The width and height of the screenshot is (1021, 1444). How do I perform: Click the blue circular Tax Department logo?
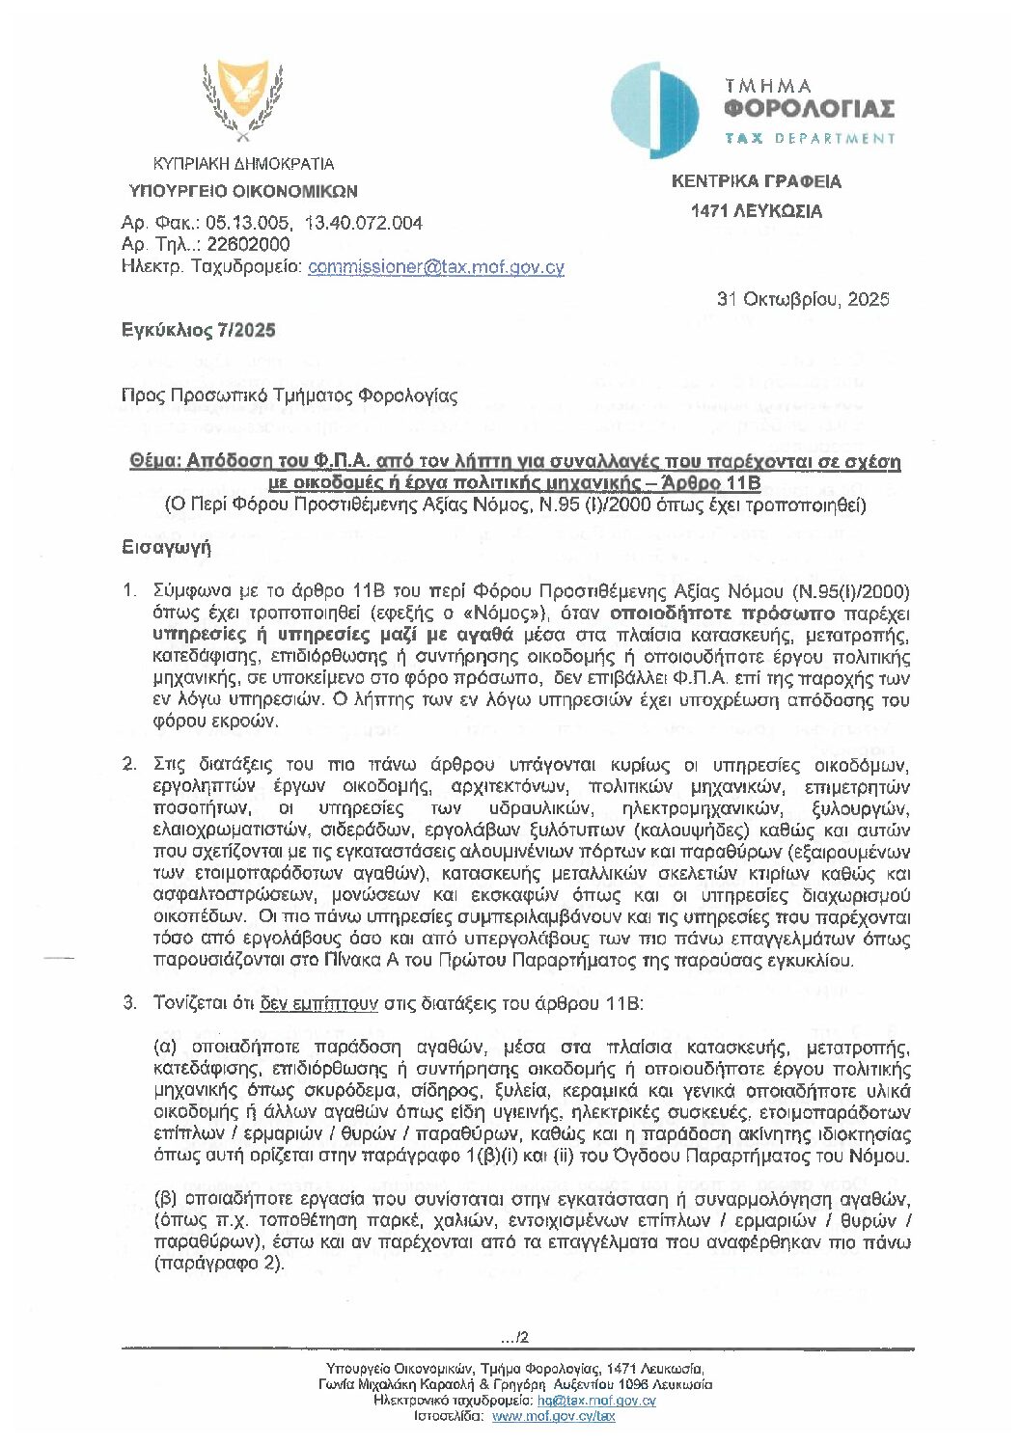point(655,111)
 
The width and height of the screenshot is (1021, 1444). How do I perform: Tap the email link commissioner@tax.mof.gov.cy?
point(435,267)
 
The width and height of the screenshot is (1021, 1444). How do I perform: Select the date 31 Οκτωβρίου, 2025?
point(802,299)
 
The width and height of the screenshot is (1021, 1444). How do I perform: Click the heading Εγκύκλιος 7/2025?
point(198,330)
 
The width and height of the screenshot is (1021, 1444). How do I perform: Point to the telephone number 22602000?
point(248,244)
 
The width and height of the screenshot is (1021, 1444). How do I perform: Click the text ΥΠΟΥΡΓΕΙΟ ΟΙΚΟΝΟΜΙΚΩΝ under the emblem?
point(243,191)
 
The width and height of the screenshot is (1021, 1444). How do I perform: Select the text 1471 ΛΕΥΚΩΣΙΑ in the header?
point(756,211)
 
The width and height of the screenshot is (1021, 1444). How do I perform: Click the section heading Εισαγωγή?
point(166,547)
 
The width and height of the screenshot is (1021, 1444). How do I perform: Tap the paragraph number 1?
point(129,590)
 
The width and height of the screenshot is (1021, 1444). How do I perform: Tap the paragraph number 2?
point(129,765)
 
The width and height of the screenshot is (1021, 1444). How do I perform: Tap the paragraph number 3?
point(129,1003)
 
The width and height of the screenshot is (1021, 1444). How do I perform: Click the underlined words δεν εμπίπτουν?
point(318,1003)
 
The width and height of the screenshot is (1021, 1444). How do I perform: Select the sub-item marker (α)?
point(167,1047)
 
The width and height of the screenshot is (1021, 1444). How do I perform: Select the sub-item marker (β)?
point(167,1199)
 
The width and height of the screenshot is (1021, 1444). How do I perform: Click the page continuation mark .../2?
point(514,1337)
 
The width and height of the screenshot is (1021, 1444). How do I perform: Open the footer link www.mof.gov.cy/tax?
point(553,1416)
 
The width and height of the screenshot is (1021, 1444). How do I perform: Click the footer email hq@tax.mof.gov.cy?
point(596,1400)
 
